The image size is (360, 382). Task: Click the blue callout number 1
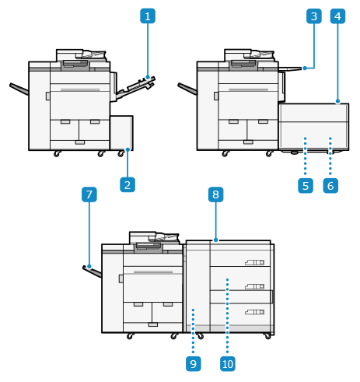pyautogui.click(x=148, y=16)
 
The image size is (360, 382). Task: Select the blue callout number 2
pyautogui.click(x=128, y=184)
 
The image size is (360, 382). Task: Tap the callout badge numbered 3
pyautogui.click(x=314, y=16)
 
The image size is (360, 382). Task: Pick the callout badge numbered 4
pyautogui.click(x=337, y=16)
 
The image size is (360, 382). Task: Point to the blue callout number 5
pyautogui.click(x=306, y=185)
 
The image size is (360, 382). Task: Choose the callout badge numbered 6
pyautogui.click(x=330, y=185)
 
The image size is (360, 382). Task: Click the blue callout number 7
pyautogui.click(x=89, y=195)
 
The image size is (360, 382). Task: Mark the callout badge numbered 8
pyautogui.click(x=216, y=195)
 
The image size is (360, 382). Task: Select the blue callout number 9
pyautogui.click(x=194, y=363)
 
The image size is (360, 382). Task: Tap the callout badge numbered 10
pyautogui.click(x=228, y=363)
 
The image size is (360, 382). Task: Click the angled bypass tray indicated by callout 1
pyautogui.click(x=135, y=88)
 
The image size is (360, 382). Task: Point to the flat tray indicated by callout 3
pyautogui.click(x=290, y=68)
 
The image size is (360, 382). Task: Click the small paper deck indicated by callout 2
pyautogui.click(x=121, y=133)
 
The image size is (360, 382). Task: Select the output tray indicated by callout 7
pyautogui.click(x=92, y=272)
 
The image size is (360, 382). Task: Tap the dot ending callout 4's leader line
pyautogui.click(x=337, y=101)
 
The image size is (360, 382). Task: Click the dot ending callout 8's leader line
pyautogui.click(x=216, y=240)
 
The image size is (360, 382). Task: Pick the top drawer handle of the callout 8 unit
pyautogui.click(x=255, y=262)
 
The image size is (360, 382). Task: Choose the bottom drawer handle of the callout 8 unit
pyautogui.click(x=255, y=312)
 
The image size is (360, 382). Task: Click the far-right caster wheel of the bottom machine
pyautogui.click(x=267, y=336)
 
